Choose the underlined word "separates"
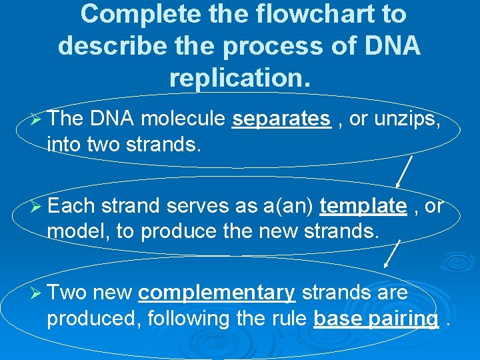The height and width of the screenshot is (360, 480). [x=281, y=119]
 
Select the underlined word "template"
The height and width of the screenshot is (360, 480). [x=363, y=206]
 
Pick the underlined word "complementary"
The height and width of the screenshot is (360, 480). [x=217, y=293]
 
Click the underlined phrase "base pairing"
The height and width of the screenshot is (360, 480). [x=376, y=319]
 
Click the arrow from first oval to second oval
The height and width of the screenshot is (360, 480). [x=404, y=171]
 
